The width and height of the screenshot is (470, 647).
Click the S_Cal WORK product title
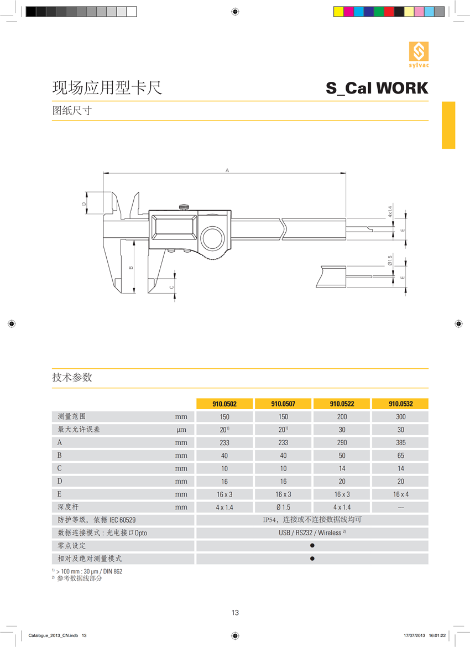point(377,88)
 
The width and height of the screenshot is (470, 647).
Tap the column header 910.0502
point(224,404)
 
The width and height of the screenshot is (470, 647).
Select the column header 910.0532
point(400,404)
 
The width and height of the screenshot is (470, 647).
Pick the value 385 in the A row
point(400,442)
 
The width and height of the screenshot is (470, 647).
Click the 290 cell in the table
point(342,442)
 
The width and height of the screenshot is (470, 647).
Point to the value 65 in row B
point(400,456)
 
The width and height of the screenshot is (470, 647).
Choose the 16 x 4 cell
point(400,494)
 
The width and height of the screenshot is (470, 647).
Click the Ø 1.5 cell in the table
point(283,507)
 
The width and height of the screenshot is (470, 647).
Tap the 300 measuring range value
point(400,417)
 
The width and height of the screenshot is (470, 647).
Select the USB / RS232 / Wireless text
point(312,533)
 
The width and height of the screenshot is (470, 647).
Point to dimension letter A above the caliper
point(227,170)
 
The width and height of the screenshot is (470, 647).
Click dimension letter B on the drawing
point(131,268)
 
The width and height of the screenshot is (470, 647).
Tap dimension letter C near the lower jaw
point(171,287)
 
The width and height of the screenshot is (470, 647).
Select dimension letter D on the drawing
point(84,203)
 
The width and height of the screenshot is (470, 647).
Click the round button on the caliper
point(211,239)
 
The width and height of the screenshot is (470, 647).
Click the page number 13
point(235,612)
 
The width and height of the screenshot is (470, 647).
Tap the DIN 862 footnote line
point(88,571)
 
